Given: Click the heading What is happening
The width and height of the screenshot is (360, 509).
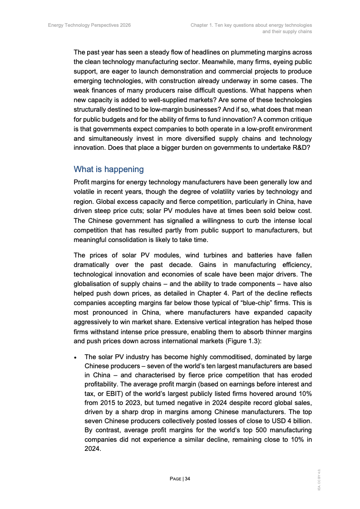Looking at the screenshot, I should pyautogui.click(x=108, y=169).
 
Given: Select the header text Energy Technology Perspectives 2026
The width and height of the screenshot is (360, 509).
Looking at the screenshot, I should pyautogui.click(x=89, y=25).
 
